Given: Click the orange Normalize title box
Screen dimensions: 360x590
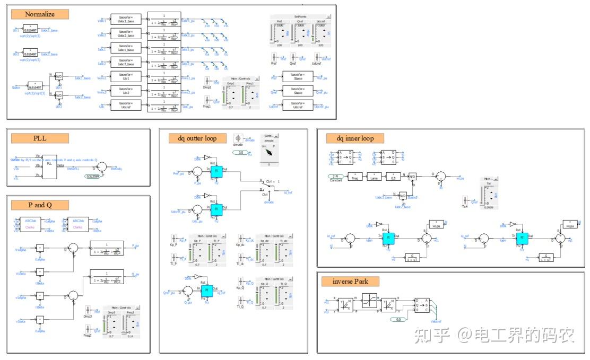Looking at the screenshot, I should click(40, 14).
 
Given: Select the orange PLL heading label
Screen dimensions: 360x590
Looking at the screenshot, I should click(40, 138).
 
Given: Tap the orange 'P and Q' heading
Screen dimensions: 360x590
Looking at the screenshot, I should click(40, 205).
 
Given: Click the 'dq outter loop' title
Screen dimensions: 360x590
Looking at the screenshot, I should click(194, 138).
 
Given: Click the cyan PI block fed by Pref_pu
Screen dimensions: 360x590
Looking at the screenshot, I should click(216, 171).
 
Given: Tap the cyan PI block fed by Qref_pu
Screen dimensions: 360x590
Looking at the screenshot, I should click(207, 290).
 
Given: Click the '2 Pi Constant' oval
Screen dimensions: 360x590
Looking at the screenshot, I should click(336, 177).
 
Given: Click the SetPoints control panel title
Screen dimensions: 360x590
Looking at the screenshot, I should click(299, 16).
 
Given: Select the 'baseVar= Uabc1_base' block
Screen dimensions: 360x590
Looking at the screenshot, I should click(126, 21).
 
